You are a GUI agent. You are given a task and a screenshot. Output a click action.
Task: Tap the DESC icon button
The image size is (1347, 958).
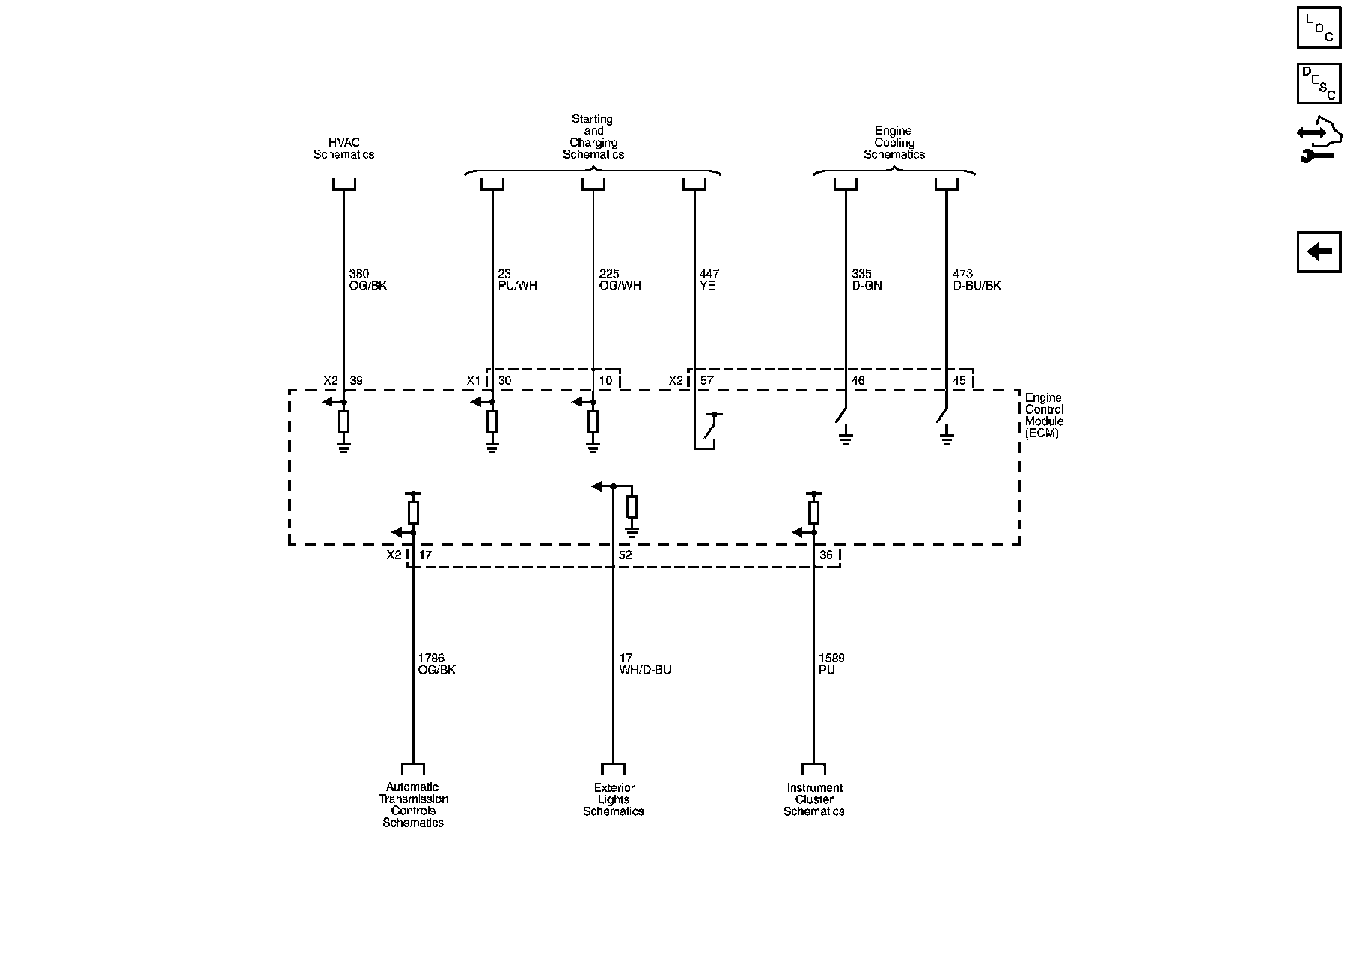click(x=1319, y=84)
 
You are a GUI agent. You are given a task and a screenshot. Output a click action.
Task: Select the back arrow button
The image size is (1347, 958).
click(x=1319, y=252)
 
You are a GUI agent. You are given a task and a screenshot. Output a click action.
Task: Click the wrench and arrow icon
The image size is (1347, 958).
click(x=1319, y=142)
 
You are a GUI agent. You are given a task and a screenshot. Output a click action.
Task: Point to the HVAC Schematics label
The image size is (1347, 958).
click(x=343, y=148)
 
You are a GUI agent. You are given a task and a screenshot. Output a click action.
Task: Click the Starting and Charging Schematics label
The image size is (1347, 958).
click(x=593, y=136)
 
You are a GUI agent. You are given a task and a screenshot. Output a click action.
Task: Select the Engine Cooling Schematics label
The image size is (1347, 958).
click(x=894, y=142)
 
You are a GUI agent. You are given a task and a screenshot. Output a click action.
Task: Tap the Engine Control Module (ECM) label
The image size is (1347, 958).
click(x=1044, y=415)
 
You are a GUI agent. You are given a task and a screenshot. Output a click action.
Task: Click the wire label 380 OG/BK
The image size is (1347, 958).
click(x=367, y=280)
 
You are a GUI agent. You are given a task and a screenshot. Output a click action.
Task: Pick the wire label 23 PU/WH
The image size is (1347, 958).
click(x=517, y=280)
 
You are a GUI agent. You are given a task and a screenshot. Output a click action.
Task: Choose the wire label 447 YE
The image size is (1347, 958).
click(x=709, y=280)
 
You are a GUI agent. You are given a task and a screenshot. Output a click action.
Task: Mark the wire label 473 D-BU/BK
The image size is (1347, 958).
click(x=976, y=280)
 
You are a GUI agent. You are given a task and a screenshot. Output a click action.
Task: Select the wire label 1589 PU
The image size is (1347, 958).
click(x=831, y=664)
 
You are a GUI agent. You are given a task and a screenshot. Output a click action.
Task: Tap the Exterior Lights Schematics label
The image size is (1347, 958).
click(x=613, y=799)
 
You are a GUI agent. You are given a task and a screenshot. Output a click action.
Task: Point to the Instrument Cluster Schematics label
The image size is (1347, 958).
click(x=813, y=799)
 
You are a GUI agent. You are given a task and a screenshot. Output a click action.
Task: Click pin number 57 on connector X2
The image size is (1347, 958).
click(x=706, y=381)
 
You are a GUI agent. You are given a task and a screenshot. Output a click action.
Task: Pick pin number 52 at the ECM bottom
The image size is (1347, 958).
click(x=626, y=555)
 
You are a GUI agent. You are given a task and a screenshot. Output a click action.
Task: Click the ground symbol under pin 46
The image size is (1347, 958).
click(x=846, y=437)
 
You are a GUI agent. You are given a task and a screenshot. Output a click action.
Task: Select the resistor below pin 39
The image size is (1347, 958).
click(x=343, y=422)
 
